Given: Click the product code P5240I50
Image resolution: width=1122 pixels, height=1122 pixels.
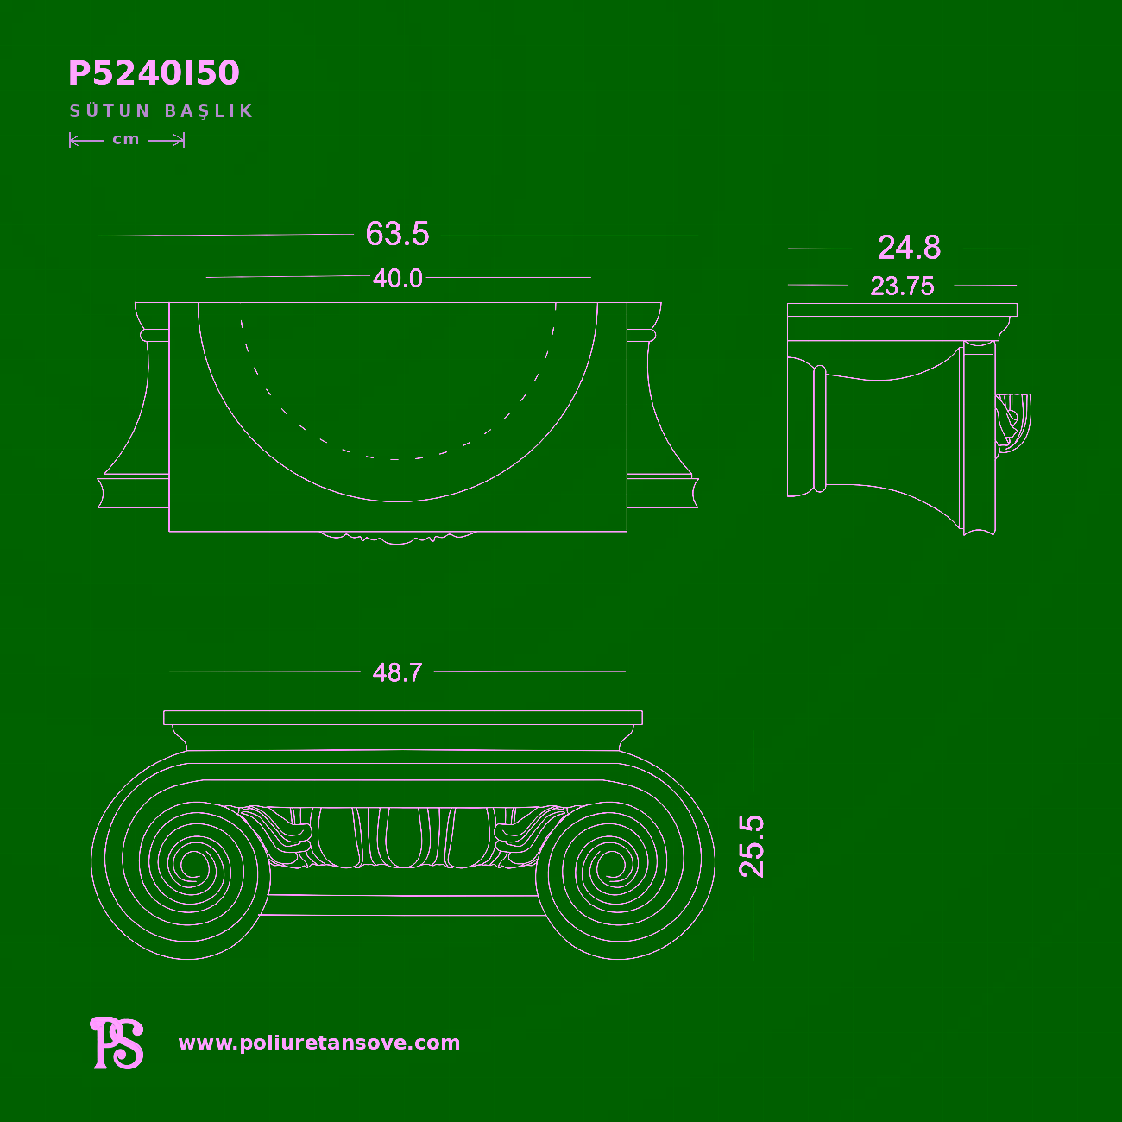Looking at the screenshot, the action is click(x=154, y=72).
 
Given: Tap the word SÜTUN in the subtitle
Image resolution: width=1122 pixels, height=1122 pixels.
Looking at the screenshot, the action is click(x=110, y=110).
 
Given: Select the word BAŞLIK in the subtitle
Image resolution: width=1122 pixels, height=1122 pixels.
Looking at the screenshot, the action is click(x=209, y=111).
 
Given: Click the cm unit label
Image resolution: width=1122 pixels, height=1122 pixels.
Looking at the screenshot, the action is click(x=126, y=139).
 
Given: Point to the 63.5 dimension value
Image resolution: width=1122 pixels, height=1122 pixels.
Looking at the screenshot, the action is click(x=397, y=234).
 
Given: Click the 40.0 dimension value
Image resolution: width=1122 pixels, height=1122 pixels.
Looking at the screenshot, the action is click(x=398, y=278).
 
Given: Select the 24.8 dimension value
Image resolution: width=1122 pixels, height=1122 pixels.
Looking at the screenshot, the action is click(x=908, y=248).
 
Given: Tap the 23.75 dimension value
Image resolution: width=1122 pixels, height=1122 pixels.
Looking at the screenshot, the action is click(x=902, y=286).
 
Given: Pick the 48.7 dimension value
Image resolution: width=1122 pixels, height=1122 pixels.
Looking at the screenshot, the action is click(x=397, y=672).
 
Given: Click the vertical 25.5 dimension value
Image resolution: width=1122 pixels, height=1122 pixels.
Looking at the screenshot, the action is click(x=751, y=846).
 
